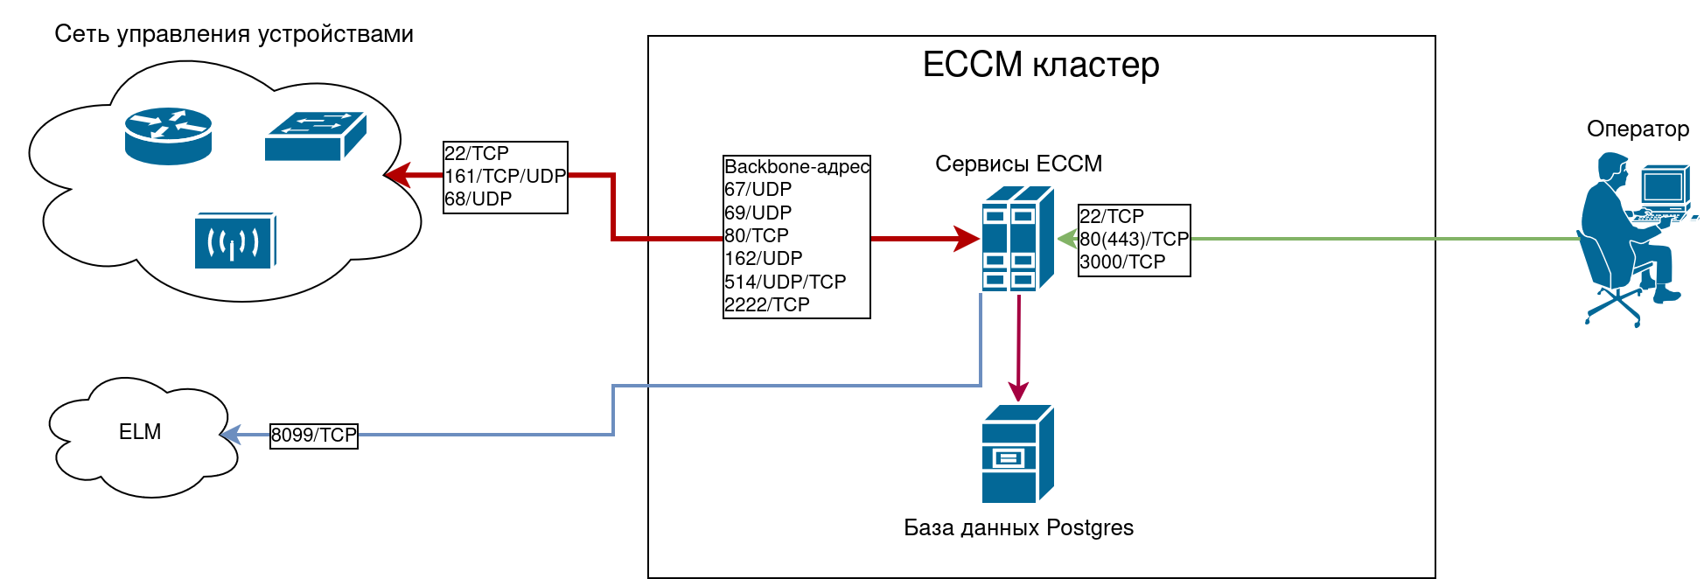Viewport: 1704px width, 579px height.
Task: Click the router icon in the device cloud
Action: tap(168, 136)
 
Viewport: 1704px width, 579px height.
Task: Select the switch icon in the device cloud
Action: tap(315, 136)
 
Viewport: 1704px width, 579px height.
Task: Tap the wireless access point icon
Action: tap(234, 241)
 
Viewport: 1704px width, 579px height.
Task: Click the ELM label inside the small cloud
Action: tap(140, 432)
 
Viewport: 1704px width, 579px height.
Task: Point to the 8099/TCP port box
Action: tap(314, 436)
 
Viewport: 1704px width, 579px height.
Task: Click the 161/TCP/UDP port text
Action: tap(506, 177)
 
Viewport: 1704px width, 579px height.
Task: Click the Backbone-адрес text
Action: tap(797, 167)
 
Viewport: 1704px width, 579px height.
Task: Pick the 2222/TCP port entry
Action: tap(767, 305)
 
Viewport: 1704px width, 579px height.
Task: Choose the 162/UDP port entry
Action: tap(764, 259)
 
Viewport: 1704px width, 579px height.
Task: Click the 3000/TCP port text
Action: tap(1122, 262)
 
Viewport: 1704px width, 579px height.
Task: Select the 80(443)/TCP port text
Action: tap(1135, 240)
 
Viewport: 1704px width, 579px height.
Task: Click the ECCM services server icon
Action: tap(1017, 239)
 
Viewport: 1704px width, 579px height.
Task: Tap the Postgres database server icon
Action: tap(1017, 454)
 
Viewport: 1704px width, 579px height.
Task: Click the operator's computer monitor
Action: tap(1662, 185)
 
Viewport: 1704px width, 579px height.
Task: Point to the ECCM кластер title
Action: tap(1041, 65)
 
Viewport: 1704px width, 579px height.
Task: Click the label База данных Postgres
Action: tap(1018, 528)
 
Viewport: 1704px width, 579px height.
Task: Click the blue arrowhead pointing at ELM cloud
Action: tap(230, 435)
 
